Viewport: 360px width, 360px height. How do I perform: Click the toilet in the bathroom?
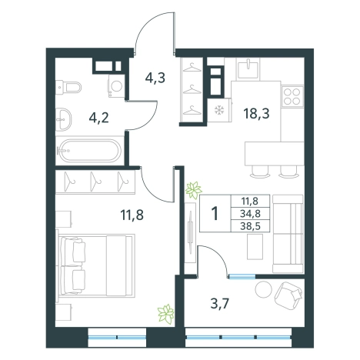click(68, 87)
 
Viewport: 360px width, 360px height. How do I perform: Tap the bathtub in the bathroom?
click(89, 151)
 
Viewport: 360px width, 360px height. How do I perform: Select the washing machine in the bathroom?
click(116, 86)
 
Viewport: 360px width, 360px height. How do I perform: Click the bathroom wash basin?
click(64, 119)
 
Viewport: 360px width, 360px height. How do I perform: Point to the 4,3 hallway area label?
click(155, 78)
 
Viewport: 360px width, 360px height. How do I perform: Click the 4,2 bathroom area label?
click(99, 118)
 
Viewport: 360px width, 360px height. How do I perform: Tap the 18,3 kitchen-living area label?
click(256, 113)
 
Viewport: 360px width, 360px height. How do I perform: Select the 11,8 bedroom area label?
click(132, 215)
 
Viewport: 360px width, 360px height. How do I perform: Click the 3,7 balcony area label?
click(219, 305)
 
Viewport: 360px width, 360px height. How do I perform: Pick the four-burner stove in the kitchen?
click(292, 97)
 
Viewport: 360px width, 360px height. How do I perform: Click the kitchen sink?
click(248, 68)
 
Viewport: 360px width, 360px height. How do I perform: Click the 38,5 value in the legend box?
click(250, 226)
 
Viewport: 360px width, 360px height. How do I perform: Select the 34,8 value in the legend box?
click(250, 213)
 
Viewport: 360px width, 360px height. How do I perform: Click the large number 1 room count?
click(215, 213)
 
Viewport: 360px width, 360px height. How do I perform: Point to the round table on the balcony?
click(263, 289)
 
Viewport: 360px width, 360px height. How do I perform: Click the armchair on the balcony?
click(288, 295)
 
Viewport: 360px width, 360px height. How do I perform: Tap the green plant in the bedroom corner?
click(166, 313)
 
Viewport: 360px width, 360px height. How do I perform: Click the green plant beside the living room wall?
click(194, 190)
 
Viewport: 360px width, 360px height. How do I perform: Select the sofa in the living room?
click(288, 234)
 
